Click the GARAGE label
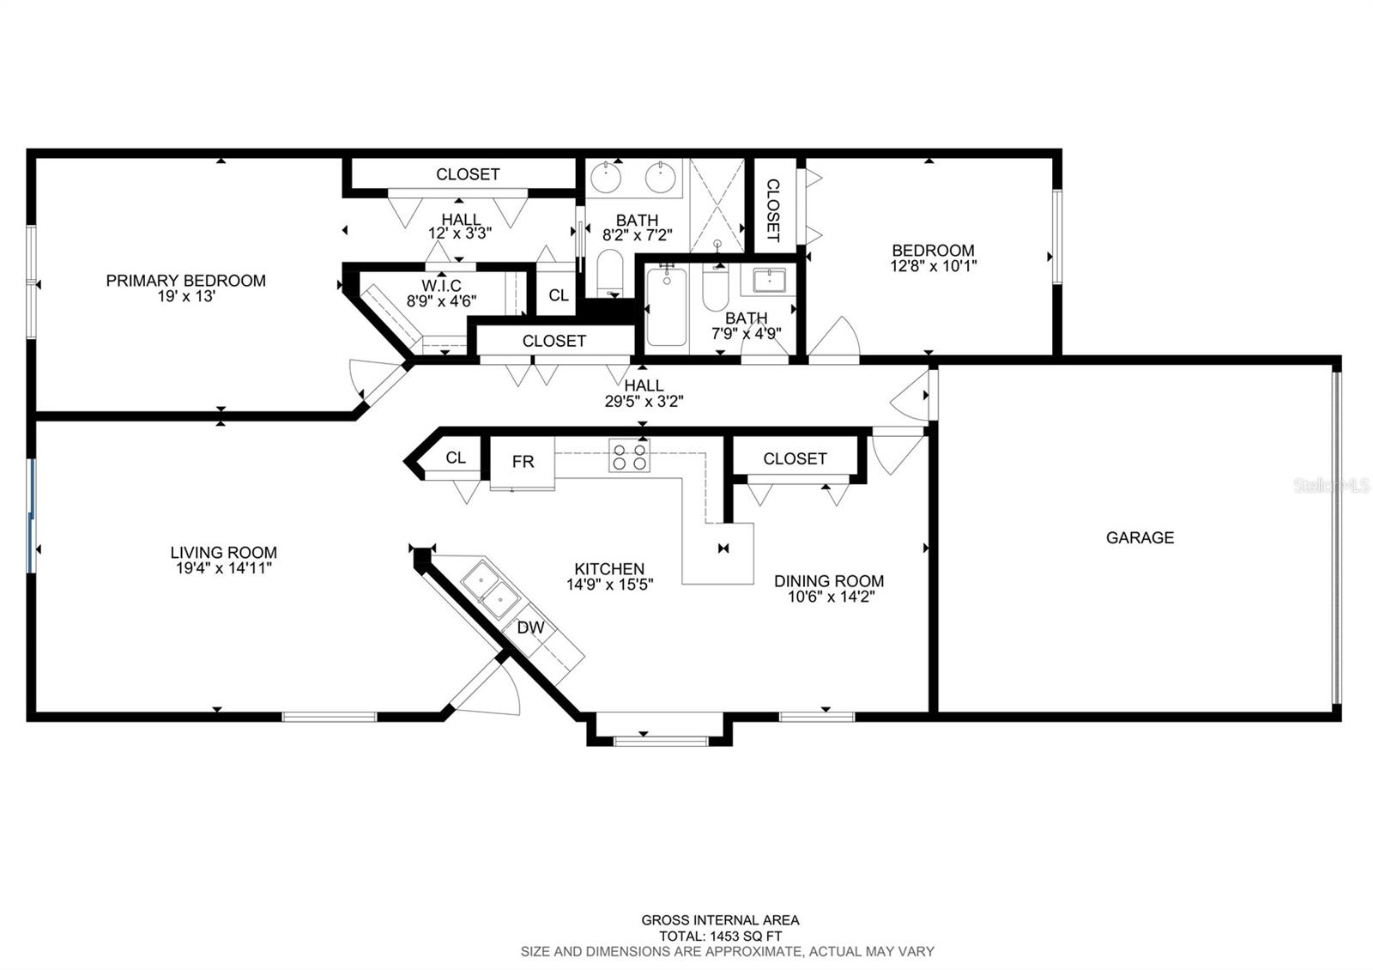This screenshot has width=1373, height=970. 1140,537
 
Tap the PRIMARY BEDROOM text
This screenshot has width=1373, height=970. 185,281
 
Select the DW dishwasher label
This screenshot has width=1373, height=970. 531,627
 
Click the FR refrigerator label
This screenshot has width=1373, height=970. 523,462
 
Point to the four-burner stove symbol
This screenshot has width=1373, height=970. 630,456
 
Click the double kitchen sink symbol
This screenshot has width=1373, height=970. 490,589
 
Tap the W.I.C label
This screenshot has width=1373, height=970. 441,286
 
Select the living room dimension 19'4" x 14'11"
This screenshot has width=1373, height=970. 224,568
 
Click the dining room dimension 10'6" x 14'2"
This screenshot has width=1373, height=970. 831,597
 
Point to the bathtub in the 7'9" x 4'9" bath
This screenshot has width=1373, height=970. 666,307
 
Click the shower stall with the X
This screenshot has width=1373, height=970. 717,205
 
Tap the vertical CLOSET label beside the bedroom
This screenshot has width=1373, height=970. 773,210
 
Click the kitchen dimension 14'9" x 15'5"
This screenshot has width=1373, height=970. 610,585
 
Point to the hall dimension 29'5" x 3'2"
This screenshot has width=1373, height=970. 644,402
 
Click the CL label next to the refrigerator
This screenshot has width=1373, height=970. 456,458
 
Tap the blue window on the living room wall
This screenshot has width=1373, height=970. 31,516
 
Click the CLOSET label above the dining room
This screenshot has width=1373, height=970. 795,458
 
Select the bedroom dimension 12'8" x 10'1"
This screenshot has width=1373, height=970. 934,266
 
